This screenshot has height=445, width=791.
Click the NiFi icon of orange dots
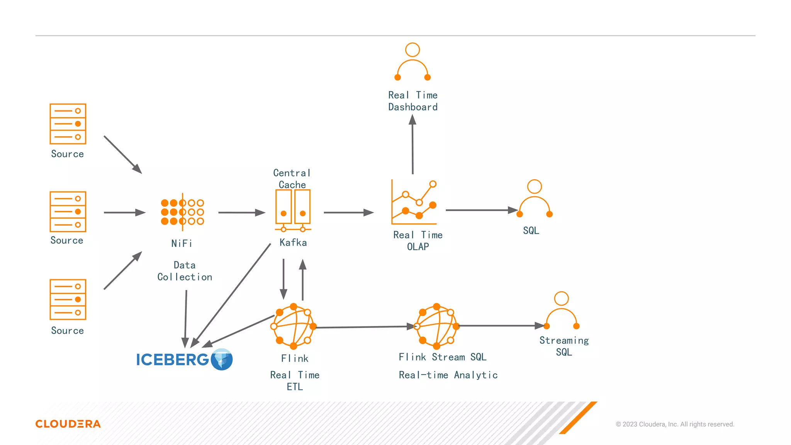point(182,212)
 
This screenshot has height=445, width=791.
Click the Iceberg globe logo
point(222,359)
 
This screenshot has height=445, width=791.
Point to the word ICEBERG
point(172,360)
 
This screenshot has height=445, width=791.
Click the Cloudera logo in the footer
point(68,424)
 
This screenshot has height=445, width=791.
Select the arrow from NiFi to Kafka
point(241,212)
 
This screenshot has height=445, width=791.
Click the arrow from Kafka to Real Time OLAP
point(348,212)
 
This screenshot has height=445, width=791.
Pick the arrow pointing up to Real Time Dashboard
point(412,144)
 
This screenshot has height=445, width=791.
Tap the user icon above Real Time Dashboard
point(412,62)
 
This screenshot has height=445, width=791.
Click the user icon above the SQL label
point(535,199)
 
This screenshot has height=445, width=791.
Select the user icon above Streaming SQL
point(561,311)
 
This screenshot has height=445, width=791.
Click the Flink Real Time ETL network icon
point(294,326)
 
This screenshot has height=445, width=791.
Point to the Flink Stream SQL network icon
point(436,326)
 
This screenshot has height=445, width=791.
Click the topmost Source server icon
point(68,124)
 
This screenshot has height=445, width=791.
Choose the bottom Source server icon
point(68,299)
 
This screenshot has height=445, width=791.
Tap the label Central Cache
point(292,178)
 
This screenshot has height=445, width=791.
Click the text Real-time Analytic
point(448,375)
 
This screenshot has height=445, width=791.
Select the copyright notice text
point(675,424)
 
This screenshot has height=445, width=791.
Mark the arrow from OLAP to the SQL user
point(481,210)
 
